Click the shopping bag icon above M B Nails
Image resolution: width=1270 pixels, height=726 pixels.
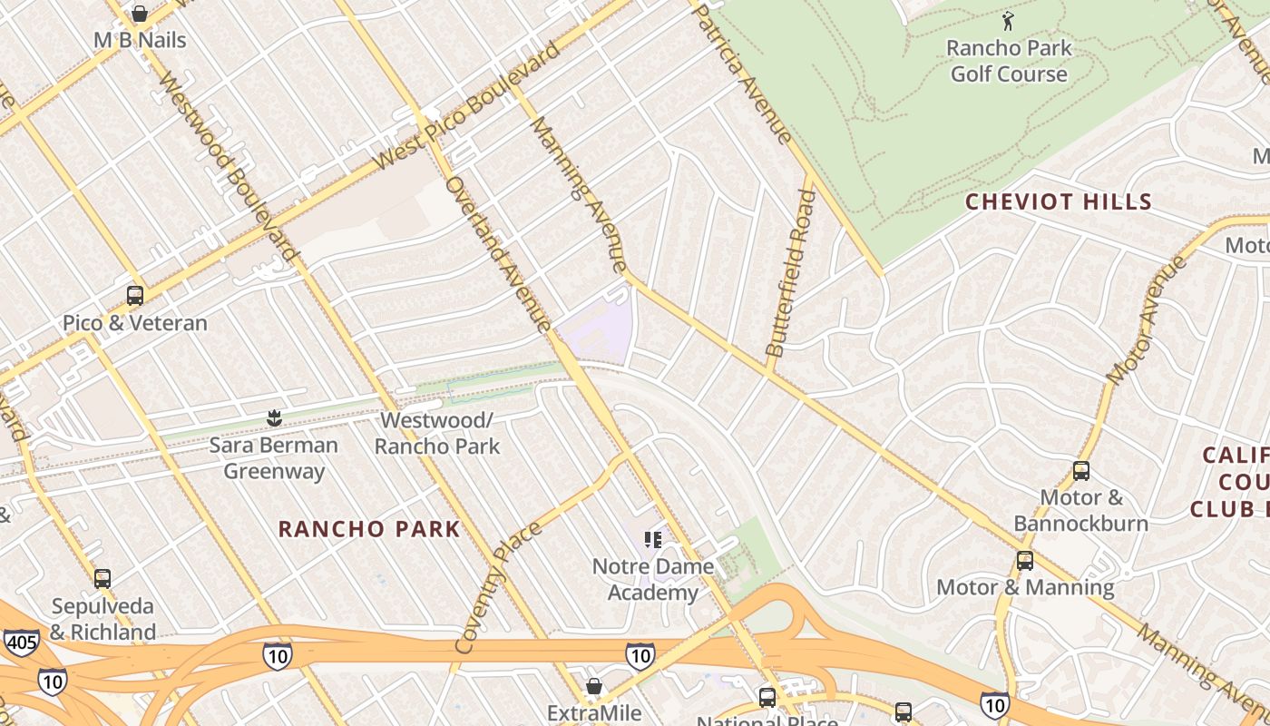[140, 14]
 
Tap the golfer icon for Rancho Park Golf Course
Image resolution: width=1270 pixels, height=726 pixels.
[1008, 21]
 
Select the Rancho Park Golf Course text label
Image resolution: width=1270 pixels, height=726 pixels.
[1009, 61]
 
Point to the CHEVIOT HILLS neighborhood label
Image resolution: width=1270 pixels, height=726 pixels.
[1058, 201]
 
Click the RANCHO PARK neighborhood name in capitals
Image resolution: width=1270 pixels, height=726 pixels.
[369, 529]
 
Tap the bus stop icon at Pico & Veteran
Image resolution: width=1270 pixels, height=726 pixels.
[135, 296]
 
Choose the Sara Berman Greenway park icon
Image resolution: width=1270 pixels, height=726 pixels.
[273, 418]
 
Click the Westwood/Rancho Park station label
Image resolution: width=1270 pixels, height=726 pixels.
[436, 433]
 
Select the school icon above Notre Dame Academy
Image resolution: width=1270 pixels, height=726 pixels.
[652, 540]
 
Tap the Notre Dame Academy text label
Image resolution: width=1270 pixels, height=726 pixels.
[652, 579]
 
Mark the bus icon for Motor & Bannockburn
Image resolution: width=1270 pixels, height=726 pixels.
[1080, 471]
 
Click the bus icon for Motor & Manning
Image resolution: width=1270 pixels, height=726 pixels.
[1024, 561]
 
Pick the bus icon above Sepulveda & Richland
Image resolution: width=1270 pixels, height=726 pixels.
[103, 579]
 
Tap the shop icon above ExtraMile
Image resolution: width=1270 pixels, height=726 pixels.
[594, 686]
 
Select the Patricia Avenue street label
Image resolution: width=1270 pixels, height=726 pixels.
[741, 72]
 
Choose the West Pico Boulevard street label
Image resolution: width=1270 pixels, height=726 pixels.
[467, 107]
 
